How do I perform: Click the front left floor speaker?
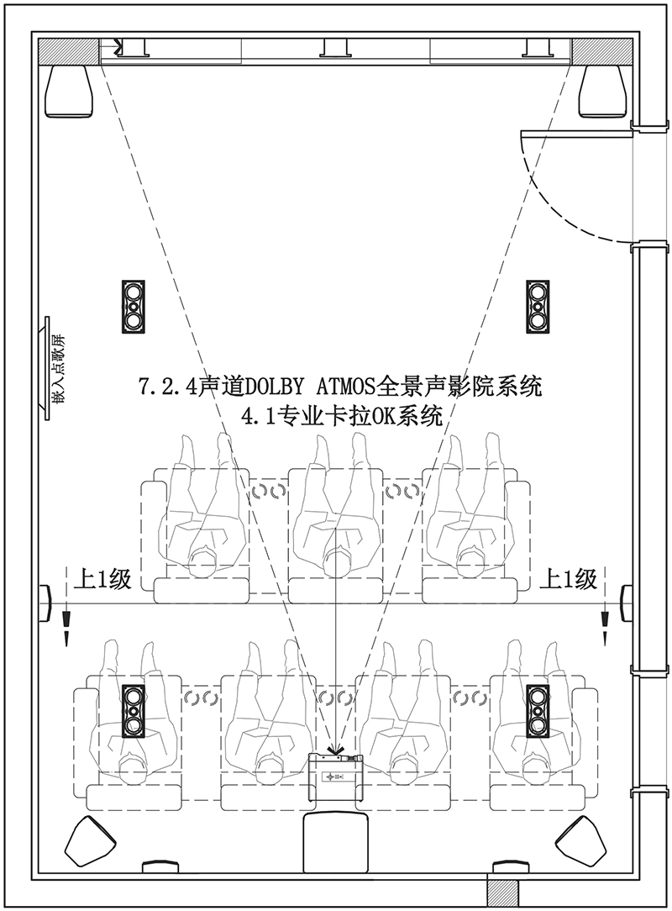click(x=69, y=90)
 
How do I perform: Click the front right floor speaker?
click(x=602, y=90)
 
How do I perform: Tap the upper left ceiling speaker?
click(x=133, y=306)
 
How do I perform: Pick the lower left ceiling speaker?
click(x=133, y=710)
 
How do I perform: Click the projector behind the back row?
click(x=336, y=775)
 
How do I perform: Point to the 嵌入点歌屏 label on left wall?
click(x=57, y=370)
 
